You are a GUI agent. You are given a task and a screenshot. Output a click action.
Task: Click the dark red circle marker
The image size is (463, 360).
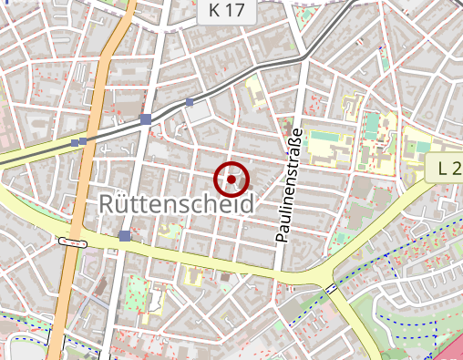click(x=231, y=180)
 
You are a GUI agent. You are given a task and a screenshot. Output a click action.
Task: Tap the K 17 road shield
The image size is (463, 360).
click(x=226, y=11)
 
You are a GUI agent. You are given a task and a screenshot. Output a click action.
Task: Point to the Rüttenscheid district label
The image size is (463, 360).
click(x=174, y=203)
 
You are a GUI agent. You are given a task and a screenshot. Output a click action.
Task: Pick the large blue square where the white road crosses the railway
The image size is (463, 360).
click(x=146, y=119)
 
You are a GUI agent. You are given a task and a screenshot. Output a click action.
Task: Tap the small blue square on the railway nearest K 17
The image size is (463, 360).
click(x=190, y=102)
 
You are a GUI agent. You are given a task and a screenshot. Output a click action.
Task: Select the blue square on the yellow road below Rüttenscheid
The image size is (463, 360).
click(x=124, y=237)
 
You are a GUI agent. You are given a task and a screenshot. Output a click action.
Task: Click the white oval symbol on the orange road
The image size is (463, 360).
click(x=72, y=242)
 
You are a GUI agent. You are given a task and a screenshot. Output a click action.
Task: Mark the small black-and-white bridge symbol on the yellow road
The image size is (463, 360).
click(x=330, y=289)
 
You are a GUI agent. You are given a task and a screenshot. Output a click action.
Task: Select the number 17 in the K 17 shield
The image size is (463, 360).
click(x=233, y=11)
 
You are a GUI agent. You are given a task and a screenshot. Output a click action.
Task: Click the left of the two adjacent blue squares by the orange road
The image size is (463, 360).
click(x=75, y=143)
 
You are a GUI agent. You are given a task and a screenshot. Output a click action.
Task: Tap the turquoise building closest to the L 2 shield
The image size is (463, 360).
click(x=417, y=146)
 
